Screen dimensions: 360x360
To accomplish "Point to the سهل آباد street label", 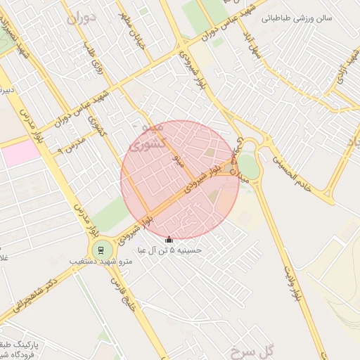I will coord(250,46).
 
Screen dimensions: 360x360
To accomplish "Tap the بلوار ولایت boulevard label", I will coord(295,285).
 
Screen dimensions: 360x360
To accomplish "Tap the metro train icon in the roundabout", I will coord(101,250).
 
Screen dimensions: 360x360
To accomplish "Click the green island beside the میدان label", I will coord(250,167).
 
